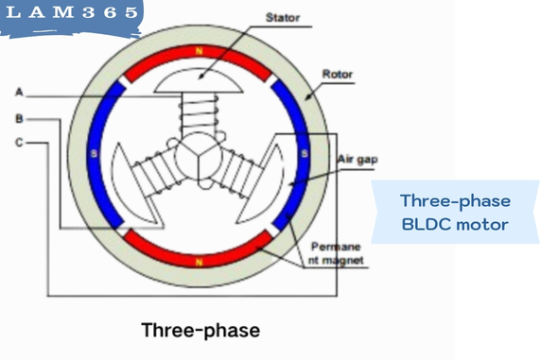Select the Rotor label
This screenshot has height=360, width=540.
pyautogui.click(x=338, y=73)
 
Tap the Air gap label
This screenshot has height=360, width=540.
pyautogui.click(x=357, y=160)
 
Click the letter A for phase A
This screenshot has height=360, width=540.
pyautogui.click(x=19, y=93)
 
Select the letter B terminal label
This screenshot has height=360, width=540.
pyautogui.click(x=19, y=119)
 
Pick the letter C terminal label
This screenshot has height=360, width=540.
pyautogui.click(x=19, y=144)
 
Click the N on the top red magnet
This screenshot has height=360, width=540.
pyautogui.click(x=200, y=51)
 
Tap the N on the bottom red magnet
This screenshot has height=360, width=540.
pyautogui.click(x=200, y=262)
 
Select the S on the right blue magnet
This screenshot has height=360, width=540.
pyautogui.click(x=305, y=154)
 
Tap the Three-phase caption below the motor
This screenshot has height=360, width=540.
pyautogui.click(x=200, y=331)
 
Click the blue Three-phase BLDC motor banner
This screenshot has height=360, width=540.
pyautogui.click(x=454, y=213)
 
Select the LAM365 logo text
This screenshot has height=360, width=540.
pyautogui.click(x=74, y=16)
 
